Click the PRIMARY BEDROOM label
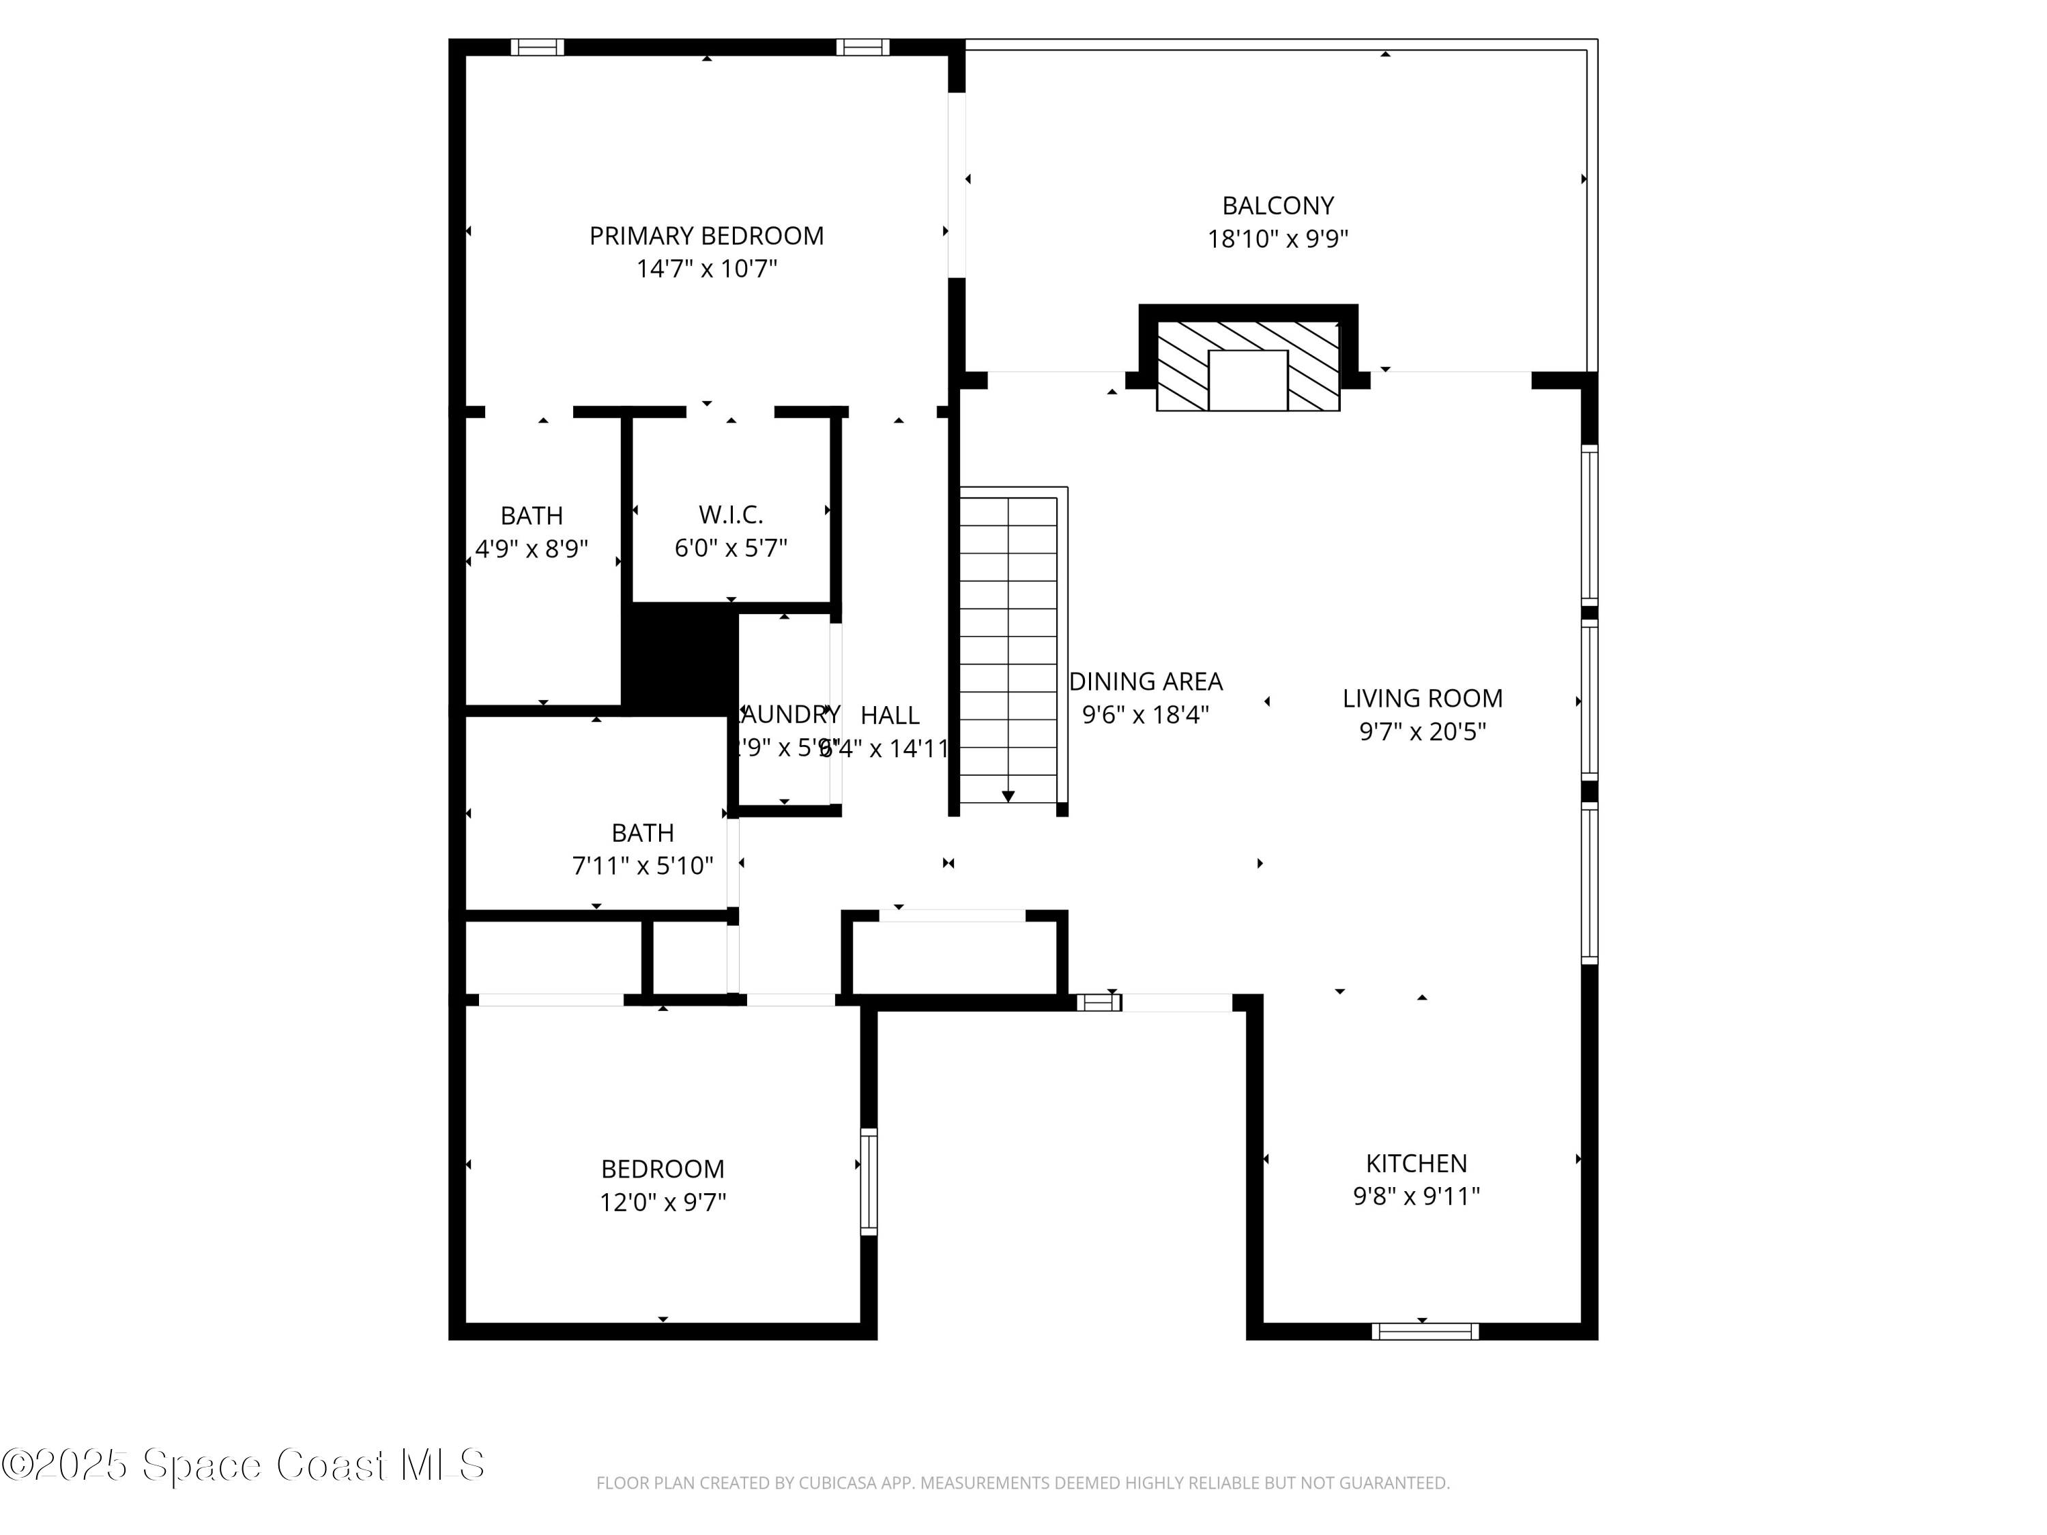point(706,236)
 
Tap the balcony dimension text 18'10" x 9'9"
point(1277,239)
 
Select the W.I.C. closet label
point(730,514)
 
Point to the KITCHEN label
point(1416,1163)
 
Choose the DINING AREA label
point(1146,682)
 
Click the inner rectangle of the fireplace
point(1247,380)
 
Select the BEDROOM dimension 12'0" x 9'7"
point(663,1202)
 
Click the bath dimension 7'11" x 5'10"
point(642,866)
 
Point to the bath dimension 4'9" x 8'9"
point(531,549)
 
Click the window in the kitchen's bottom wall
point(1424,1332)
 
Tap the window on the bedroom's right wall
point(868,1182)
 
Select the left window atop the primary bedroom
point(537,47)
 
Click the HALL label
point(889,715)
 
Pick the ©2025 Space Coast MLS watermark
point(242,1465)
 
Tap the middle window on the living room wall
point(1589,701)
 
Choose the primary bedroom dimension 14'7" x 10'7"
point(706,269)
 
